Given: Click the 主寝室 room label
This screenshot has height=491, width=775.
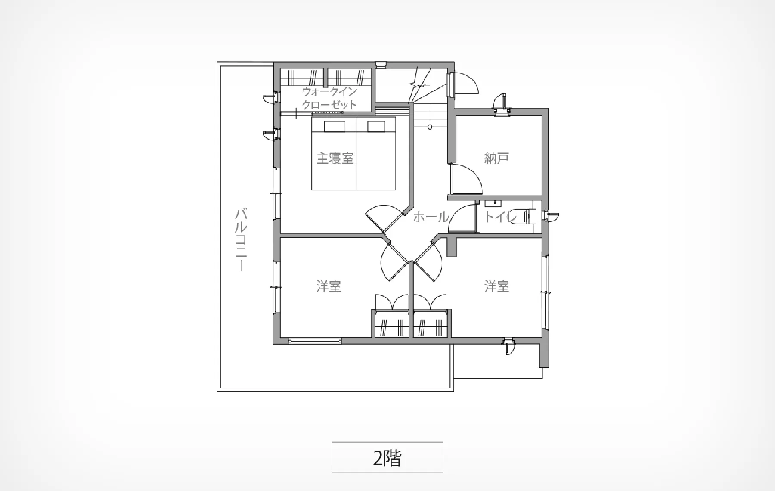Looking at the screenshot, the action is click(x=335, y=158).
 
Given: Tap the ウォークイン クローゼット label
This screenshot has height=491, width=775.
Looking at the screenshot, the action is click(x=329, y=98).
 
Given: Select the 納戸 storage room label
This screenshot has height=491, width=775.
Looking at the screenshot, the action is click(x=496, y=158).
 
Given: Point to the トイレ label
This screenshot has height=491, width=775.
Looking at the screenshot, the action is click(x=501, y=216).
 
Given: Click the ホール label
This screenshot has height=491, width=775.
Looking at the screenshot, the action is click(x=431, y=217).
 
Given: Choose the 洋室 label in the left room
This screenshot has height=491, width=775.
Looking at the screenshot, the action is click(x=329, y=286).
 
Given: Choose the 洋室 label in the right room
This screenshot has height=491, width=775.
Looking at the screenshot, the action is click(x=496, y=286).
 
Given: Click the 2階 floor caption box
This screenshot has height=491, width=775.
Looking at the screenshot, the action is click(x=387, y=457).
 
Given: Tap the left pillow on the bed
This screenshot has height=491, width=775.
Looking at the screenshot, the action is click(x=335, y=126).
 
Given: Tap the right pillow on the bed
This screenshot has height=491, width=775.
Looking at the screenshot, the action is click(x=376, y=126).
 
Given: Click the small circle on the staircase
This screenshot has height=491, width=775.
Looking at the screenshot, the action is click(x=429, y=127).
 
